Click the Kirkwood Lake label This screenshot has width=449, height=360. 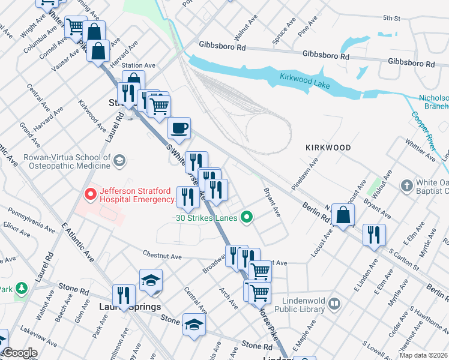tap(304, 80)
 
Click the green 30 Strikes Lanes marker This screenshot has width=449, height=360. tap(246, 217)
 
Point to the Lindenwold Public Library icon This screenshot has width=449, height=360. tap(334, 305)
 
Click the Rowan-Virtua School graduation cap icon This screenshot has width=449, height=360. tap(119, 160)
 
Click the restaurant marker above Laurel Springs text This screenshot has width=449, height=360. tap(124, 295)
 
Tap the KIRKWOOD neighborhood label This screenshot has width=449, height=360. tap(328, 147)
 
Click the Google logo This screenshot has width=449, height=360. tap(19, 353)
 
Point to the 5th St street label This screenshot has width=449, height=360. tap(391, 19)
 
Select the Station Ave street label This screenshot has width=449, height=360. tap(139, 65)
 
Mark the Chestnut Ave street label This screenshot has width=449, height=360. tap(162, 256)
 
